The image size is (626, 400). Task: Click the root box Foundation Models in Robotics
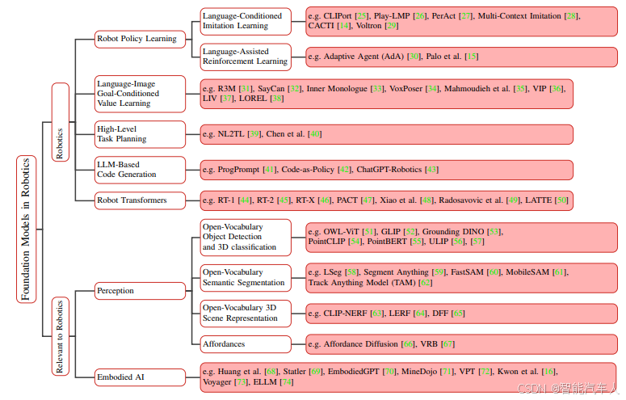[25, 228]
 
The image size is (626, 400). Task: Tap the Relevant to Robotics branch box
[60, 336]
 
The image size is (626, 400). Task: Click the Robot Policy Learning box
[137, 38]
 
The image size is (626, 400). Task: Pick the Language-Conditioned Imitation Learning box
[246, 21]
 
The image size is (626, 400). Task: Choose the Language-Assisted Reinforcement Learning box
[246, 55]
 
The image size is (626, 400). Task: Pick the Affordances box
[246, 344]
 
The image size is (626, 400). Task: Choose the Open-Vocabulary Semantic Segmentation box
[246, 277]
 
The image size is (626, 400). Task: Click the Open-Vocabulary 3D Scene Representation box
[246, 312]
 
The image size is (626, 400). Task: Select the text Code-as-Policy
[309, 170]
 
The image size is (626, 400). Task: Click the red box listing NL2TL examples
[386, 133]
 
